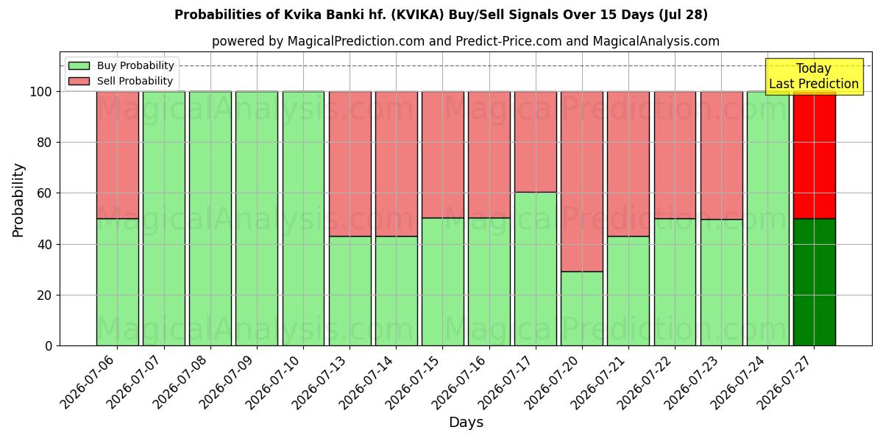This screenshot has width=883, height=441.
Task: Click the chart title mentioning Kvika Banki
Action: click(x=441, y=15)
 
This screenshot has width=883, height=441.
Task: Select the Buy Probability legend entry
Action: click(x=121, y=65)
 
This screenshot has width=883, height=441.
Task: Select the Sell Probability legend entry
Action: click(x=120, y=81)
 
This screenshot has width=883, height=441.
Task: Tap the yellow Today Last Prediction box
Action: click(x=814, y=76)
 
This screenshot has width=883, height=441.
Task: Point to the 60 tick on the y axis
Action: click(x=45, y=193)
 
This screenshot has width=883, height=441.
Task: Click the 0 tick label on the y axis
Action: click(x=49, y=346)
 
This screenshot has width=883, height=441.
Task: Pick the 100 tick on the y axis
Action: click(x=41, y=92)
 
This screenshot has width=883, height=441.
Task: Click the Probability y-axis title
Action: click(x=18, y=200)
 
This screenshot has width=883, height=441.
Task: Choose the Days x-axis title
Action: click(x=466, y=422)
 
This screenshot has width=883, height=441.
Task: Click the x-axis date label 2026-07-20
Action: click(x=551, y=382)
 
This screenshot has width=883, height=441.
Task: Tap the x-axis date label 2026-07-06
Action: click(x=87, y=382)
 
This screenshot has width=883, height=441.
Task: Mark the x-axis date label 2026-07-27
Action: click(x=784, y=382)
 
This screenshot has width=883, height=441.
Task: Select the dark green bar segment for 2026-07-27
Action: click(x=815, y=282)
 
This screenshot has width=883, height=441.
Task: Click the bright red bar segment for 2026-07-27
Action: click(x=815, y=155)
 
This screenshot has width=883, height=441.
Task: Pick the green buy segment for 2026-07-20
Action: click(x=582, y=309)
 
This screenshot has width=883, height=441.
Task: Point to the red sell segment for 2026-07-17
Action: click(x=536, y=142)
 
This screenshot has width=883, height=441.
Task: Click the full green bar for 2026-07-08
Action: click(x=210, y=219)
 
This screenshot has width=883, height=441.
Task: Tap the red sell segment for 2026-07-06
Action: click(x=118, y=155)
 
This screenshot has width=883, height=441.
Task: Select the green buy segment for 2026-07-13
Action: click(x=350, y=291)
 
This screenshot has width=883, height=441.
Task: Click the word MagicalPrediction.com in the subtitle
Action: click(x=356, y=41)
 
